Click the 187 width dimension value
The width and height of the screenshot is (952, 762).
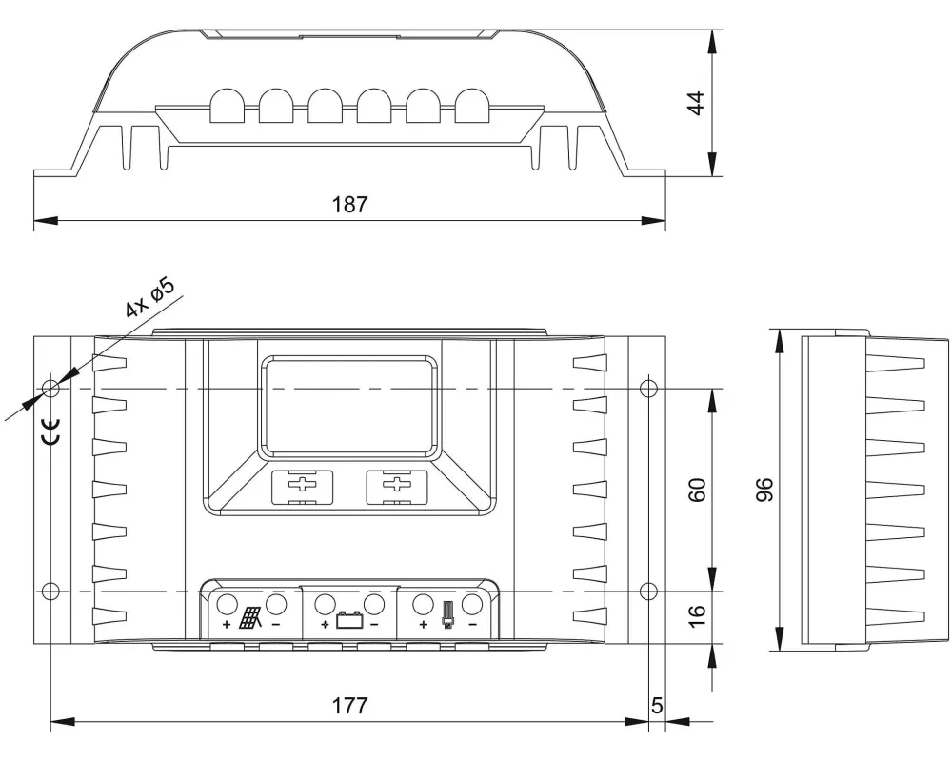point(349,204)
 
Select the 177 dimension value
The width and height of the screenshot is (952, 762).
point(349,706)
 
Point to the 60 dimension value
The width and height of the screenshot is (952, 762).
point(697,490)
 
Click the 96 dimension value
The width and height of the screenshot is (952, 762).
point(765,490)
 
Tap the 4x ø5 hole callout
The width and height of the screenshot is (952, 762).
point(150,298)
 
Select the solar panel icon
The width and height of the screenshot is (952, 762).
point(250,618)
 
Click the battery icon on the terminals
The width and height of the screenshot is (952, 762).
point(348,620)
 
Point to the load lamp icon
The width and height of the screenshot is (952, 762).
point(448,615)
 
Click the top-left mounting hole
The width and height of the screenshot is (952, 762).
point(51,388)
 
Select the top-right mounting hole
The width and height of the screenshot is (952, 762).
point(649,388)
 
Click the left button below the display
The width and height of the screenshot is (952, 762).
point(302,488)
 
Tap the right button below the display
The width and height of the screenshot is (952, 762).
point(396,488)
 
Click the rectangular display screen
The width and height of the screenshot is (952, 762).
point(349,407)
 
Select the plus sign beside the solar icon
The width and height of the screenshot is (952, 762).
point(227,624)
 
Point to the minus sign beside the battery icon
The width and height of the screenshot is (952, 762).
point(374,624)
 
